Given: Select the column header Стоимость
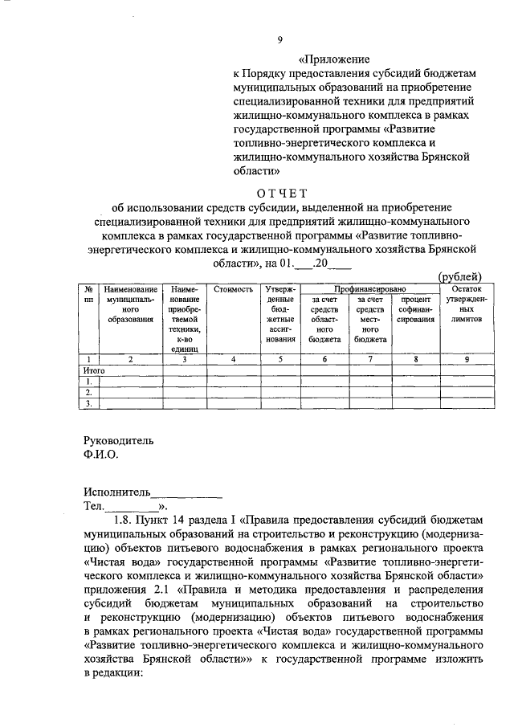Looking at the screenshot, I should tap(233, 288).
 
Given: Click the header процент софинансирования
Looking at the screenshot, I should tap(415, 309).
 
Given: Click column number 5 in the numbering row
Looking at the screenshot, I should tap(280, 360).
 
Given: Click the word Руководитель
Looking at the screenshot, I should tap(118, 440).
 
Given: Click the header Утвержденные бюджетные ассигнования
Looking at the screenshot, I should tap(280, 314).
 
